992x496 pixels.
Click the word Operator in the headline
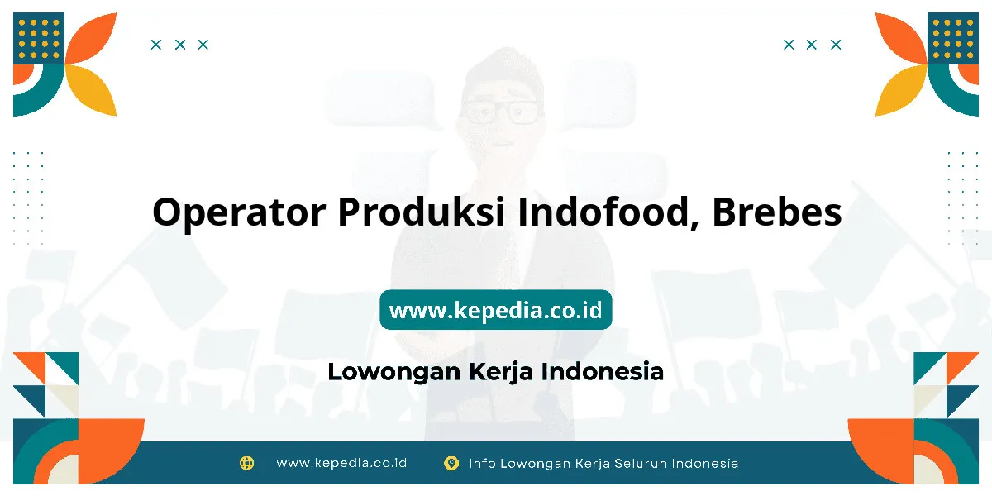pos(239,212)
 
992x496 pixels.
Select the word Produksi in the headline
pos(421,212)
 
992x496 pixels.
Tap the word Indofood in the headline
pos(608,212)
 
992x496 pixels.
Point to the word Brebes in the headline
pos(777,212)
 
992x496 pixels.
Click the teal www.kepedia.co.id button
pos(495,309)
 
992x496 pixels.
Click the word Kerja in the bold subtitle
pos(500,372)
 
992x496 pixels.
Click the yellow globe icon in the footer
pos(246,463)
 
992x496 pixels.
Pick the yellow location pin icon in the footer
pos(451,463)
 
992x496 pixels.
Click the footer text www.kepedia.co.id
pos(341,463)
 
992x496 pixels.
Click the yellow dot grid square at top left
pos(39,38)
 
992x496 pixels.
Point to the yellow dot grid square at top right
pos(953,38)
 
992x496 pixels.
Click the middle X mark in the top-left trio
pos(180,45)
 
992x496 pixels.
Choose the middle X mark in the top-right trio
pos(811,45)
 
